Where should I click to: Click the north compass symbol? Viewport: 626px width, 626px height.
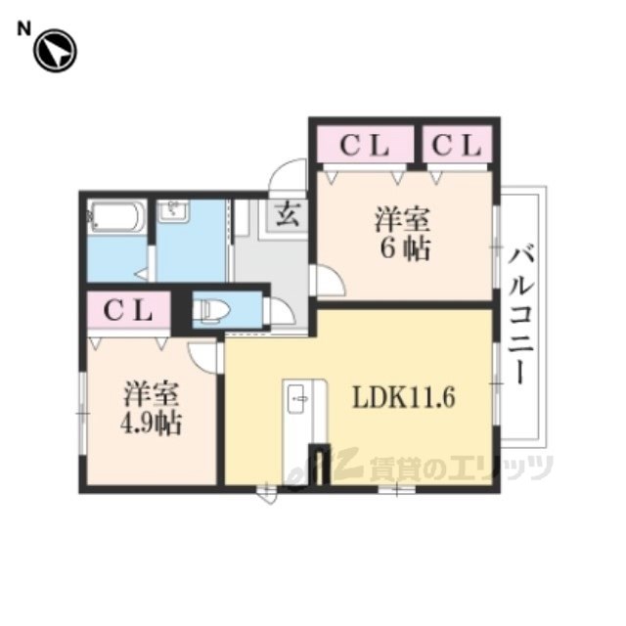pyautogui.click(x=55, y=51)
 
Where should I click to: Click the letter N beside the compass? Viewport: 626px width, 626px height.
pyautogui.click(x=23, y=29)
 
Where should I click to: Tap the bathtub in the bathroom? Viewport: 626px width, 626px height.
pyautogui.click(x=116, y=217)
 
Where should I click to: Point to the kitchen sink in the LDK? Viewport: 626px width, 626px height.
pyautogui.click(x=297, y=399)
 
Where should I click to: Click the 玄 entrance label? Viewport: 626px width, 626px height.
pyautogui.click(x=287, y=214)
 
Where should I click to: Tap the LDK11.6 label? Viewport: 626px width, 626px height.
pyautogui.click(x=403, y=398)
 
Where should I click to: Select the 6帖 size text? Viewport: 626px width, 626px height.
pyautogui.click(x=405, y=249)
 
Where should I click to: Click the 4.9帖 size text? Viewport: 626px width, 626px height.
pyautogui.click(x=152, y=423)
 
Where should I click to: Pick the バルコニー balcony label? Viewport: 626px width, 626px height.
pyautogui.click(x=520, y=316)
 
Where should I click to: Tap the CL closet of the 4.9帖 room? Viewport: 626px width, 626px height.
pyautogui.click(x=128, y=310)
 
